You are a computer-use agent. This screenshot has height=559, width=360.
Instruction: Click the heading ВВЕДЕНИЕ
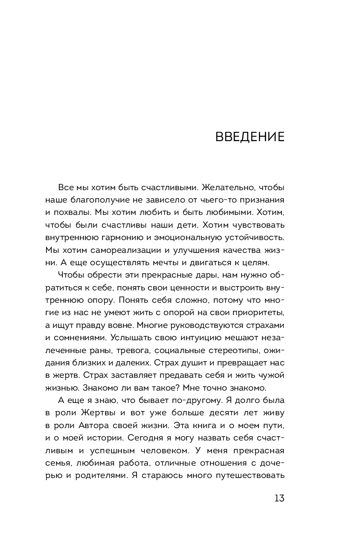[250, 137]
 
